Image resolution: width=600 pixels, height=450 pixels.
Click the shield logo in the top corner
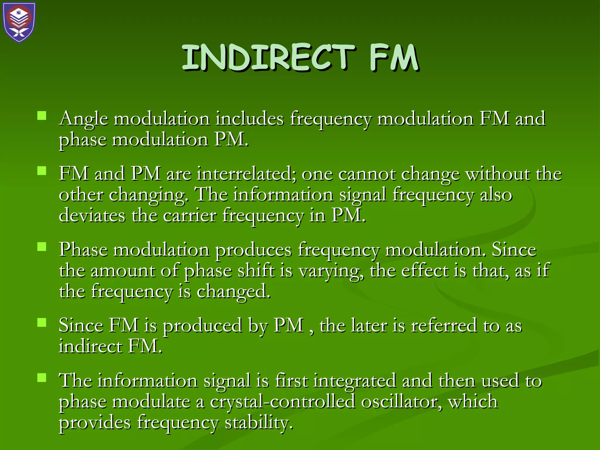pyautogui.click(x=19, y=22)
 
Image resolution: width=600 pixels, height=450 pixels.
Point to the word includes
pyautogui.click(x=250, y=119)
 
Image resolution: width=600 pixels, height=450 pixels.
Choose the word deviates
pyautogui.click(x=92, y=216)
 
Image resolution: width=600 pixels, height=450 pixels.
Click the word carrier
pyautogui.click(x=190, y=216)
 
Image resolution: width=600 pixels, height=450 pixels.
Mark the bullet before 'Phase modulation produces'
pyautogui.click(x=42, y=247)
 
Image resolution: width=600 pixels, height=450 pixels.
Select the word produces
pyautogui.click(x=253, y=250)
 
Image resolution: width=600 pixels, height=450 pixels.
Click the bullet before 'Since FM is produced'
pyautogui.click(x=42, y=323)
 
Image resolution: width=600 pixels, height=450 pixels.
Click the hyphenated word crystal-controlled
pyautogui.click(x=282, y=402)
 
